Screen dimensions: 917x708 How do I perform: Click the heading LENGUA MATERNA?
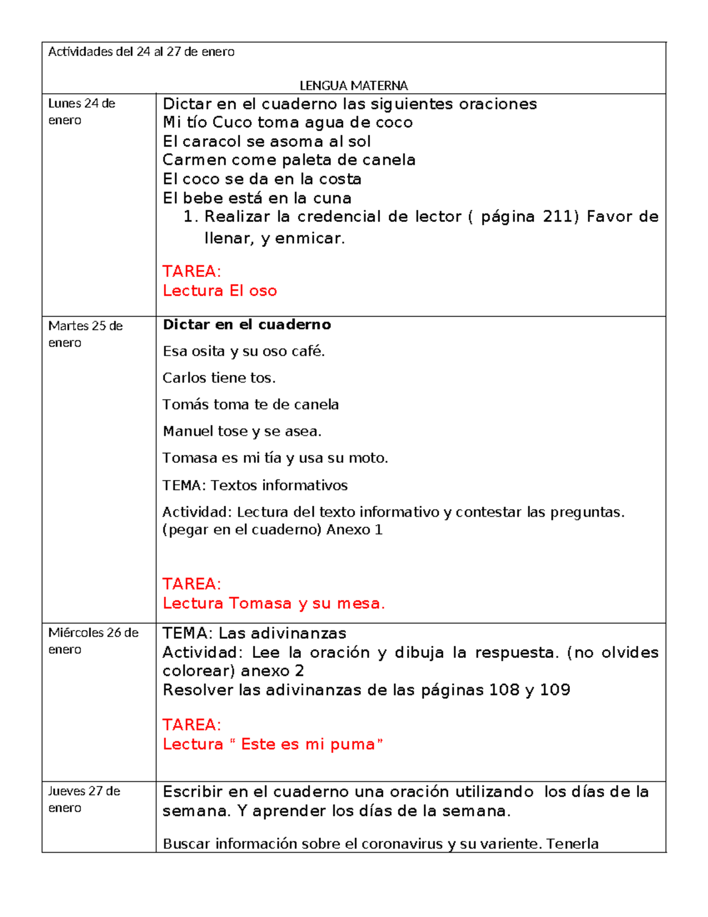tap(353, 86)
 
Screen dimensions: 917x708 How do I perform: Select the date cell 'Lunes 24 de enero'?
tap(81, 112)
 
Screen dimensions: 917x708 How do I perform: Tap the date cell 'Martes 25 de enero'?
tap(85, 334)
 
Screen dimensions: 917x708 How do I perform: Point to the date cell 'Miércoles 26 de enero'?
tap(93, 641)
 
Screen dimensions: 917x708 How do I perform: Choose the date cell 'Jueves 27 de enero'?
tap(84, 799)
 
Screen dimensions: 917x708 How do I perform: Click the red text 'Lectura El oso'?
tap(219, 291)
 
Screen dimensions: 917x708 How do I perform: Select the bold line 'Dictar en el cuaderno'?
tap(247, 324)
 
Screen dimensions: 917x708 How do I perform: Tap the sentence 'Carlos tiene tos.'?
tap(219, 378)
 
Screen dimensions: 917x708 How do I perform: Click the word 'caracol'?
tap(212, 142)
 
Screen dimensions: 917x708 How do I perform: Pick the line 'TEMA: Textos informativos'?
tap(255, 485)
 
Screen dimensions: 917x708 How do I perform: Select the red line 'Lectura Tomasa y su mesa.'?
tap(274, 603)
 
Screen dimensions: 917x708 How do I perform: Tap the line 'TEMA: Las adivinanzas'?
tap(254, 634)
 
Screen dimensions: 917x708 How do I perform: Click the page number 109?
tap(555, 690)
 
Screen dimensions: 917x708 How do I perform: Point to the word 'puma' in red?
tap(352, 744)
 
